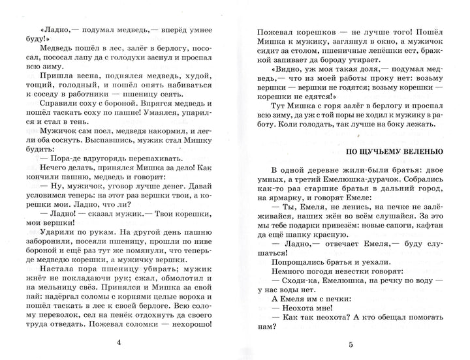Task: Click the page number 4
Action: coord(117,344)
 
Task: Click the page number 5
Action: coord(351,344)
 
